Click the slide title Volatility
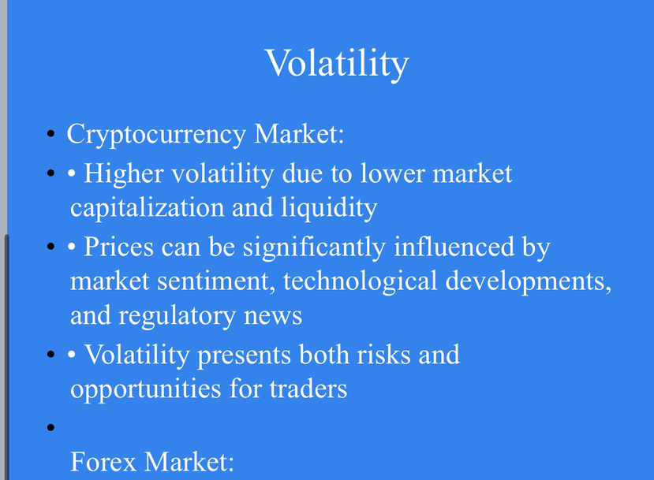[337, 64]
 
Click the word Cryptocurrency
[156, 135]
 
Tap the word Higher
[123, 173]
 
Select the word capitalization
[148, 208]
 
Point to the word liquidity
[329, 208]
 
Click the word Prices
[119, 247]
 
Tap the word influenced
[454, 246]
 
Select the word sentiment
[216, 281]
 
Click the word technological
[361, 281]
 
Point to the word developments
[529, 281]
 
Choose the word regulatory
[178, 316]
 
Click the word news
[273, 317]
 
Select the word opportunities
[146, 389]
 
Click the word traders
[308, 389]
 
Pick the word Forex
[103, 462]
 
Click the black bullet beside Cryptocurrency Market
[51, 134]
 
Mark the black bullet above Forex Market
[51, 427]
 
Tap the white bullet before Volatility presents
[72, 355]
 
